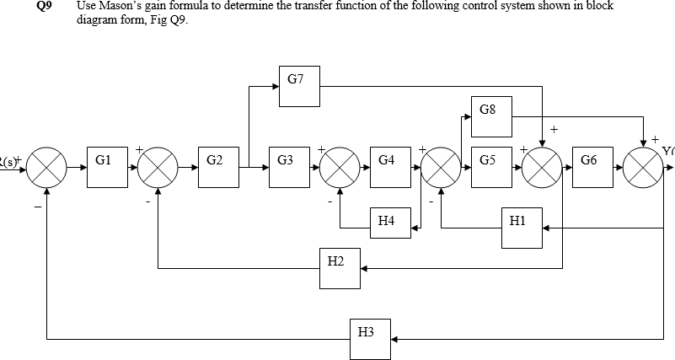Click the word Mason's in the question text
coord(117,6)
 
